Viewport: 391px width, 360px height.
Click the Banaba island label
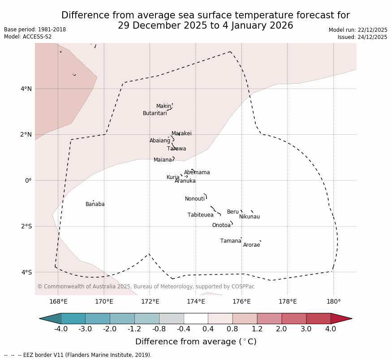[x=95, y=205]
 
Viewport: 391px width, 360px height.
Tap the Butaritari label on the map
[x=155, y=114]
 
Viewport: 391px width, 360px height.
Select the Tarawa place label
[x=176, y=149]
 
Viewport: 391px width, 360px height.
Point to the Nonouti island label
[x=195, y=199]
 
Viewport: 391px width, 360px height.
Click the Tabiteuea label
[x=200, y=215]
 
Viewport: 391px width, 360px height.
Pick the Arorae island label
[x=251, y=245]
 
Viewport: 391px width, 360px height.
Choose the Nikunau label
[x=249, y=217]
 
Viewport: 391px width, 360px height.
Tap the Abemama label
[x=197, y=173]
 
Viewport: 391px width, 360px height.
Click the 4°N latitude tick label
[x=26, y=89]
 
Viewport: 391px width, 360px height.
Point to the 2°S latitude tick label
[x=26, y=227]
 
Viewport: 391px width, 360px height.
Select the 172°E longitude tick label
[x=150, y=302]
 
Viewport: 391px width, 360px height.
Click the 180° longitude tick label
[x=333, y=302]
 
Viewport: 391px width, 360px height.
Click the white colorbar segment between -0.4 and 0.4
[x=196, y=319]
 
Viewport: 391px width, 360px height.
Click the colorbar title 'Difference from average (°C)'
[x=196, y=342]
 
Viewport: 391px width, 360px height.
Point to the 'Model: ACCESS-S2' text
[x=28, y=37]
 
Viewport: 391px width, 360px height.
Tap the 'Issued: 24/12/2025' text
[x=362, y=37]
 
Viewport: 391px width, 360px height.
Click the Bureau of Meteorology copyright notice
[x=146, y=287]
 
